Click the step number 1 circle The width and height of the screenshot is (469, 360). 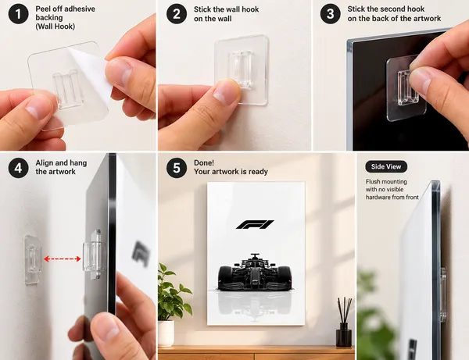pos(18,14)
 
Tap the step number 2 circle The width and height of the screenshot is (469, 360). pos(177,14)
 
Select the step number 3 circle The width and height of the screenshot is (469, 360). pos(330,14)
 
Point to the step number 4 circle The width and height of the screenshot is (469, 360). pos(18,168)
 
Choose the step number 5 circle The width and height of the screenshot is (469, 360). pos(177,168)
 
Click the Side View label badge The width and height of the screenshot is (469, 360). pos(386,166)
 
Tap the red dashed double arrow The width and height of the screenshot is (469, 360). pos(63,258)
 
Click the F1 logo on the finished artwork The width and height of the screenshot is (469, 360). pos(255,224)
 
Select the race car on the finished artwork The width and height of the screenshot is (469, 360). pos(255,273)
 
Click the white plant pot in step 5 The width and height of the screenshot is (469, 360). pos(166,333)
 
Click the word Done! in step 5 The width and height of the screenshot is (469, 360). pos(204,163)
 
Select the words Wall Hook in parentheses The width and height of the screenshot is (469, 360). pos(55,27)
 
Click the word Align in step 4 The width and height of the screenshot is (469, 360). pos(45,163)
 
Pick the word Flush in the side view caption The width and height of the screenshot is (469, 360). pos(373,182)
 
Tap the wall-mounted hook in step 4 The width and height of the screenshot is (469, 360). pos(32,258)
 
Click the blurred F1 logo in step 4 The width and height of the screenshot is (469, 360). pos(141,253)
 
